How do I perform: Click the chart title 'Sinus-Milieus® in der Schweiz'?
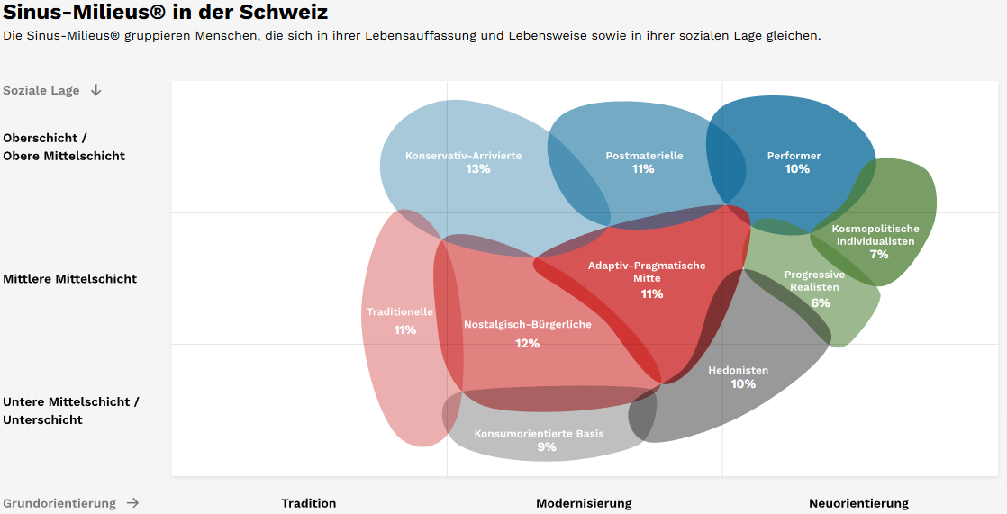coord(165,13)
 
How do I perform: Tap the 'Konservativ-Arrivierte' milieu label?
coord(463,156)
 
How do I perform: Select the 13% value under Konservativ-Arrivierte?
coord(477,169)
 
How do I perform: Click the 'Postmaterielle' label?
coord(644,156)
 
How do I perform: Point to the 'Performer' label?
coord(794,156)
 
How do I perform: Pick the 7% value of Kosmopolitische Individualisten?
coord(878,255)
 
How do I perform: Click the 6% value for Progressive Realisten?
coord(820,303)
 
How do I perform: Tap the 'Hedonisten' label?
coord(738,370)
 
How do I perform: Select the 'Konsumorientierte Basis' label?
coord(539,434)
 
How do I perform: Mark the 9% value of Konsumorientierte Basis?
coord(546,447)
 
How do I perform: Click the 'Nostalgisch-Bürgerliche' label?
coord(527,324)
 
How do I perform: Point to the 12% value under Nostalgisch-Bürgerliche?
coord(527,344)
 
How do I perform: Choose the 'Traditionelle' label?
coord(400,312)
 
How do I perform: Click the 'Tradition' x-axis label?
coord(308,503)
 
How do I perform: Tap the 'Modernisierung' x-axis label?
coord(584,503)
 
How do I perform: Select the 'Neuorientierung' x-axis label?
coord(858,503)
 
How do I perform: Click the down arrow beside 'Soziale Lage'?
coord(96,90)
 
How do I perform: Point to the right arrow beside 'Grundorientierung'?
coord(132,503)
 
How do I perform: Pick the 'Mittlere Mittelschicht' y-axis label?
coord(70,279)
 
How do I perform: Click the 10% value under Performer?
coord(797,169)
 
